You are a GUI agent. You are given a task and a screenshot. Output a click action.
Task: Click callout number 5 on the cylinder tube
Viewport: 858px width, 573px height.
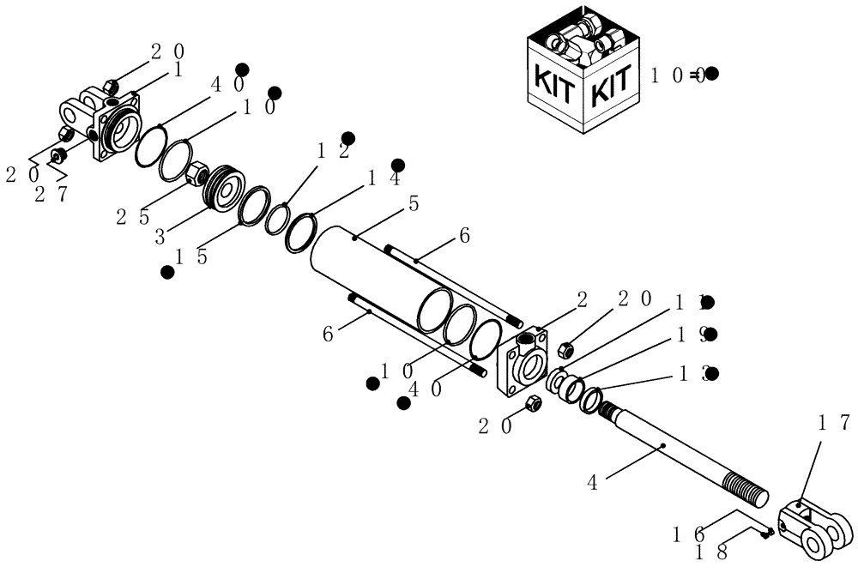(x=414, y=205)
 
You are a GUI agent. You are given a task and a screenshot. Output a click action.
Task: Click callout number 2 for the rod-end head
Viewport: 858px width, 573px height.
(x=582, y=299)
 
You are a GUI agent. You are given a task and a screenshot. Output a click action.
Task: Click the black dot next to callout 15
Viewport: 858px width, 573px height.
(x=168, y=272)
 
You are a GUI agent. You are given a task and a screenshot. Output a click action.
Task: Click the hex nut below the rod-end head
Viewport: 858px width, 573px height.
(x=532, y=402)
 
